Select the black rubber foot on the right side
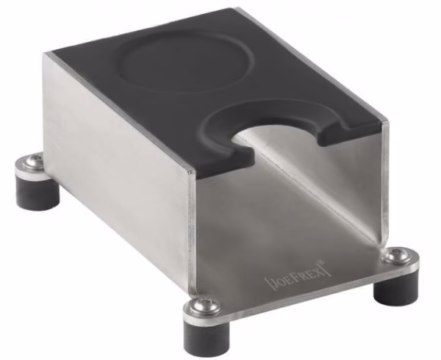[x=395, y=291]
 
